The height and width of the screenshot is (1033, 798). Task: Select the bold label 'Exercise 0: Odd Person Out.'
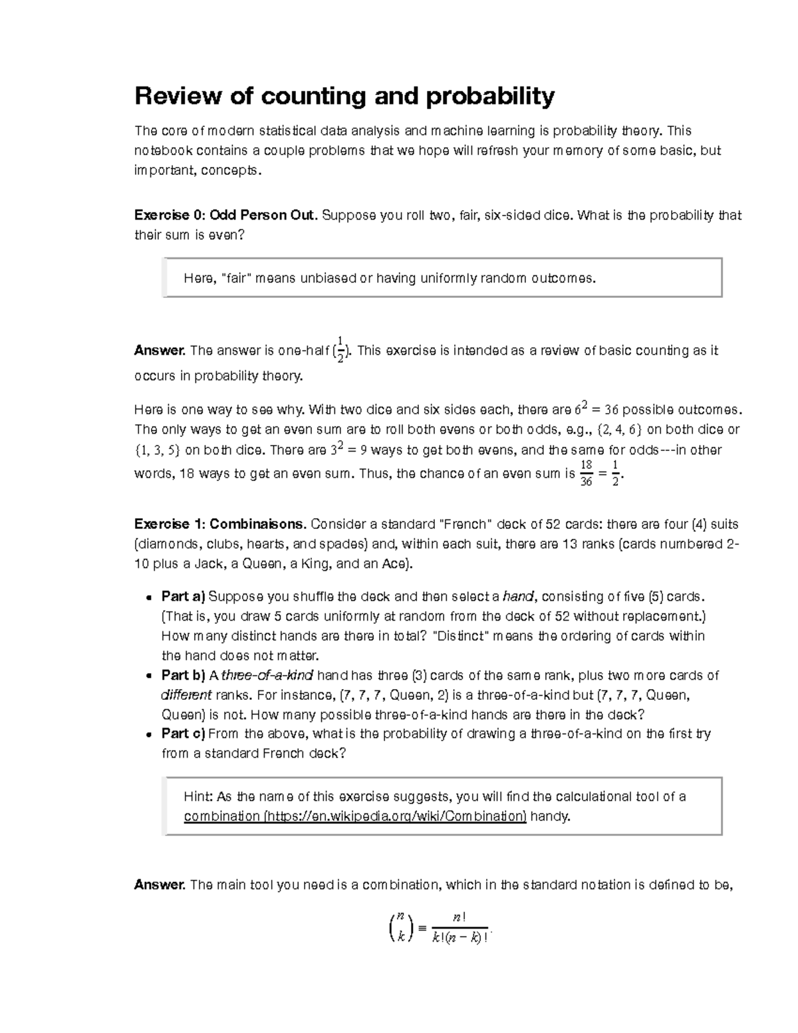(x=226, y=216)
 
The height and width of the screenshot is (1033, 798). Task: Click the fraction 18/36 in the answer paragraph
(x=586, y=473)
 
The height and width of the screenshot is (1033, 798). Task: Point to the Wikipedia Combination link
(x=355, y=816)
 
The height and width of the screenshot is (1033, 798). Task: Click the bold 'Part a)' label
(x=184, y=596)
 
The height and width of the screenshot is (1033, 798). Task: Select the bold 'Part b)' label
(x=184, y=675)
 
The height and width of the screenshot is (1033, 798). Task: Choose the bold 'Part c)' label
(x=184, y=734)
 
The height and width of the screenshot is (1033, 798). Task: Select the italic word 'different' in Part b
(x=187, y=695)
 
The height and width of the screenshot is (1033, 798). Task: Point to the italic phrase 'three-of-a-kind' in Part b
(x=267, y=675)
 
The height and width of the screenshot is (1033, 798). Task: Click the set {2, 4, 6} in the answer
(x=619, y=430)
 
